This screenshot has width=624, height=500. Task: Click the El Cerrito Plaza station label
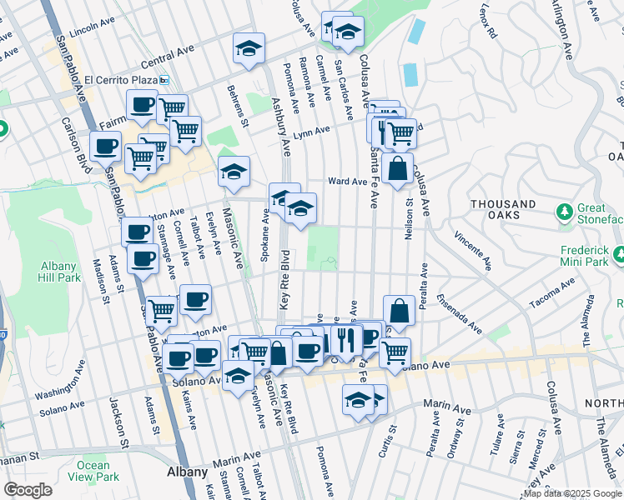pyautogui.click(x=121, y=80)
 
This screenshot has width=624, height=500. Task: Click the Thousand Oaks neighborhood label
pyautogui.click(x=503, y=209)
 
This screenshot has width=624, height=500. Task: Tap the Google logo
pyautogui.click(x=28, y=490)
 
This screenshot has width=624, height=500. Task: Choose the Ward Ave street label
pyautogui.click(x=347, y=181)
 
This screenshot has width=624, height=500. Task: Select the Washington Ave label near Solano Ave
pyautogui.click(x=68, y=388)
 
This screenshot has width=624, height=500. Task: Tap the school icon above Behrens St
pyautogui.click(x=249, y=50)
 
